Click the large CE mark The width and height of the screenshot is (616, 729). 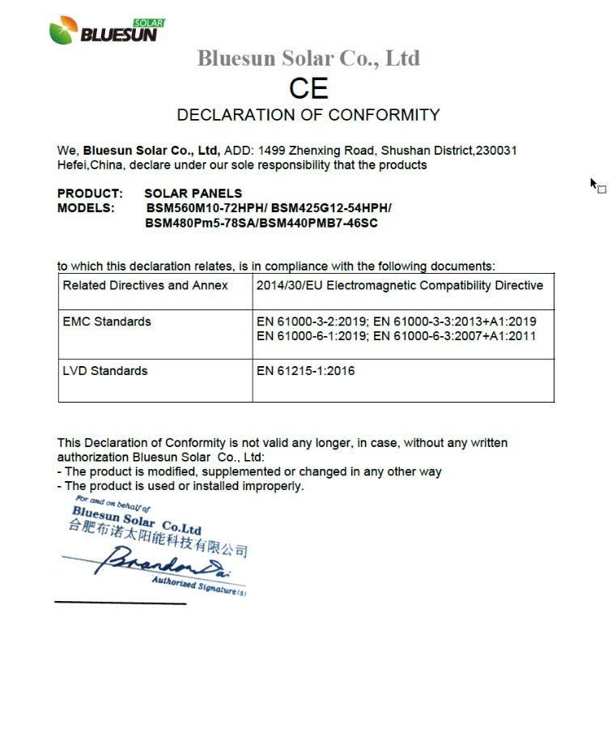click(x=308, y=88)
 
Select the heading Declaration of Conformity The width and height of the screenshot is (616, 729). click(x=308, y=114)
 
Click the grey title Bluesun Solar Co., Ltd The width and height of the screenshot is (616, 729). click(x=308, y=58)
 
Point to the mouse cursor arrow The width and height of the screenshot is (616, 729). click(x=593, y=184)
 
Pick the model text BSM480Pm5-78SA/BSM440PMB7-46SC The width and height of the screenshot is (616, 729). click(x=261, y=223)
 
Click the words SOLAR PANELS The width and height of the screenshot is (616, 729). click(x=193, y=194)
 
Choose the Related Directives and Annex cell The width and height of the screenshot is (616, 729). click(x=146, y=286)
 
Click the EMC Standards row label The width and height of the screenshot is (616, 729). click(x=107, y=322)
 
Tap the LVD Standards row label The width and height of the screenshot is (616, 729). click(x=105, y=371)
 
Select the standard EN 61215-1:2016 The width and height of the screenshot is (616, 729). click(x=305, y=371)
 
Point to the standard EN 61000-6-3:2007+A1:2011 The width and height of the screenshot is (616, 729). click(x=454, y=336)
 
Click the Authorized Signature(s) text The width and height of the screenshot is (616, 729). click(x=198, y=585)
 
